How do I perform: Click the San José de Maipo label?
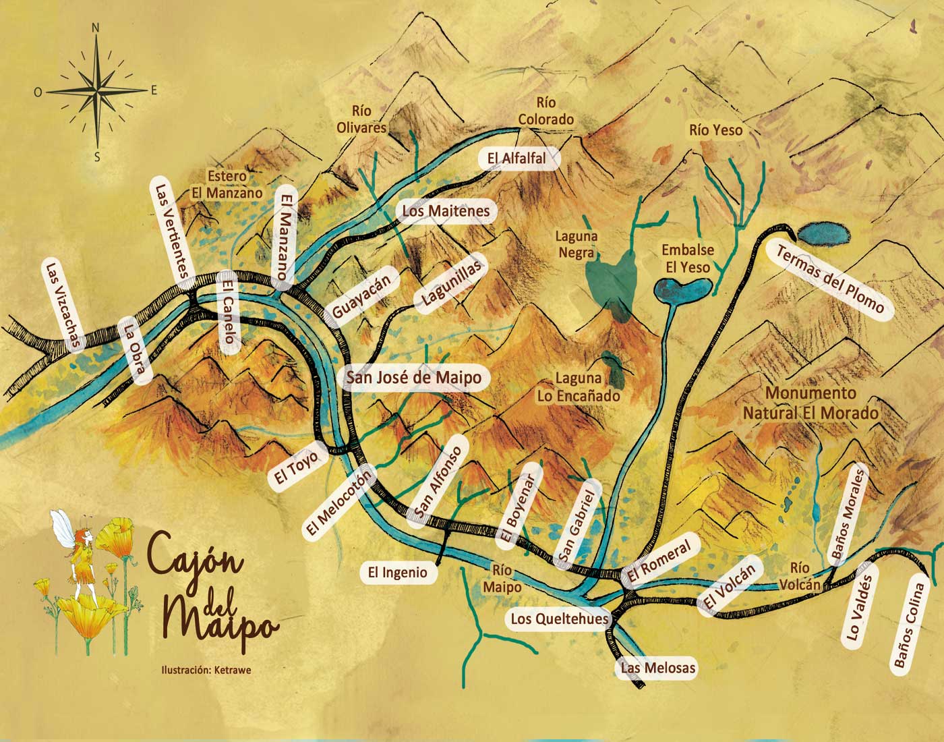[413, 378]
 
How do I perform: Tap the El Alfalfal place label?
[517, 159]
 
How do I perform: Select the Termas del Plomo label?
[829, 280]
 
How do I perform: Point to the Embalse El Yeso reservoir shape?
[681, 290]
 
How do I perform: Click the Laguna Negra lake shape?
[610, 283]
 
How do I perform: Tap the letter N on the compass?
[96, 28]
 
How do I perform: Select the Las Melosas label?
[657, 668]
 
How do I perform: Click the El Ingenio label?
[397, 573]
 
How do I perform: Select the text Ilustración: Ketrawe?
[206, 670]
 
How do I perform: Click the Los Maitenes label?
[446, 211]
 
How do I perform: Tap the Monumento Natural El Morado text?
[810, 403]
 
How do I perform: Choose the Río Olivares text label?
[362, 119]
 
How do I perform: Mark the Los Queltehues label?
[559, 619]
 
